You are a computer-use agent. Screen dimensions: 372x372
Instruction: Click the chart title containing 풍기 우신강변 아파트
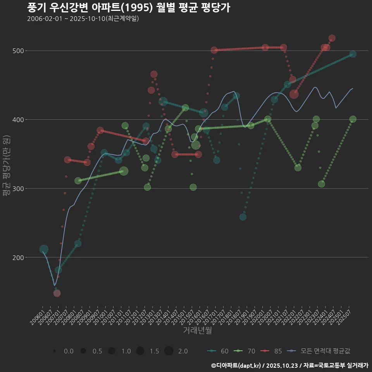coord(129,8)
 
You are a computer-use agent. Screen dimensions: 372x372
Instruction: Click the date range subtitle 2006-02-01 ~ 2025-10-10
coord(83,19)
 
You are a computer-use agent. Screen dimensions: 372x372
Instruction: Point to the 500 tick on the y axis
coord(19,51)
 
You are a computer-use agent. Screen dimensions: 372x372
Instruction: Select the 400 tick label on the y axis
coord(19,120)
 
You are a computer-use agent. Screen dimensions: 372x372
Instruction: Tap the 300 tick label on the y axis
coord(19,189)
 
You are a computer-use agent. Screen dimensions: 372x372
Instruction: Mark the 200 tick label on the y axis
coord(19,258)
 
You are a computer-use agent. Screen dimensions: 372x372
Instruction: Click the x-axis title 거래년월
coord(197,331)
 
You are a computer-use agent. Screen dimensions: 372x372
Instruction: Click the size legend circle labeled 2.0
coord(169,351)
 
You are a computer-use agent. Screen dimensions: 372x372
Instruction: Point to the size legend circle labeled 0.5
coord(83,351)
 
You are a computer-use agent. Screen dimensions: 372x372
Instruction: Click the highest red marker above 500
coord(332,38)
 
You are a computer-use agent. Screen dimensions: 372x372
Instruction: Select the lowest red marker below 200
coord(57,293)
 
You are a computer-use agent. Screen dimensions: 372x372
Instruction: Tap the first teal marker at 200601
coord(44,249)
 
